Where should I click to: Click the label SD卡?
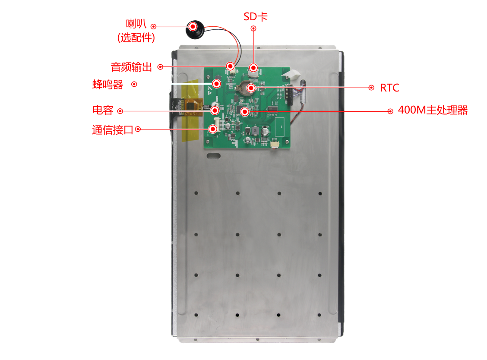[255, 17]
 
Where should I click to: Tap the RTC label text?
[389, 88]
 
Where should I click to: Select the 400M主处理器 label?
[433, 110]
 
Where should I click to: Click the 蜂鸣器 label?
[108, 85]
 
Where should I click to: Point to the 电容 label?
[103, 110]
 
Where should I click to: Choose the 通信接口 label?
[112, 130]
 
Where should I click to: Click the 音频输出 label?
[131, 67]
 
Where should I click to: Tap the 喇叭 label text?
[136, 24]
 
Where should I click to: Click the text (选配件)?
[136, 38]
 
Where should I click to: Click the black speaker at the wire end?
[195, 29]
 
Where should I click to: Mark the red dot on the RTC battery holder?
[251, 88]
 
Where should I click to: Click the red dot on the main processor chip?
[245, 111]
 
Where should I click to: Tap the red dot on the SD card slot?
[254, 68]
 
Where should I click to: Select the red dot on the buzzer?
[216, 84]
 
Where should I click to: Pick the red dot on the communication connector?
[213, 129]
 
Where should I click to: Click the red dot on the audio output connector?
[230, 66]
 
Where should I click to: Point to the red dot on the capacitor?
[215, 110]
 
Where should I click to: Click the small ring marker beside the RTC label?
[371, 88]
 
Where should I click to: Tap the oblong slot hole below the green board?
[214, 156]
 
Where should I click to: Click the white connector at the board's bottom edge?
[275, 144]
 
